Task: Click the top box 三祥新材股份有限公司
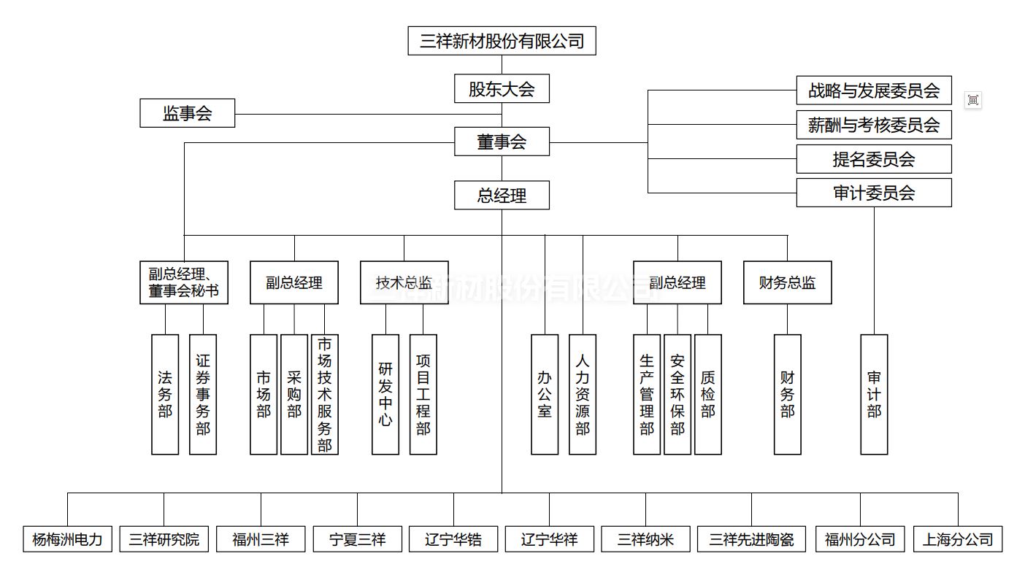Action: (502, 41)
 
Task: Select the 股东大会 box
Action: (502, 89)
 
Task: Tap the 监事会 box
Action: (187, 113)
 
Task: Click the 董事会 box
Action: (502, 142)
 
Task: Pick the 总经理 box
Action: (502, 196)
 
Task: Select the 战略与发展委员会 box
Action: (873, 90)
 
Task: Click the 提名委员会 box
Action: (873, 159)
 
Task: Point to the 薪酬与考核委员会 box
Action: (873, 125)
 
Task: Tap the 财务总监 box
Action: (787, 282)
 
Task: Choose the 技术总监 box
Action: (404, 282)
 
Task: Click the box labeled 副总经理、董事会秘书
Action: (184, 282)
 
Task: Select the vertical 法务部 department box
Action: (165, 394)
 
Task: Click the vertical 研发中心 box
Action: (385, 394)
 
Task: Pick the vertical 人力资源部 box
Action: (582, 394)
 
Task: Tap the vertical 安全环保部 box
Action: (677, 394)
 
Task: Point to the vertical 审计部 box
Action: (874, 394)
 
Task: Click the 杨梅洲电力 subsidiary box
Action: (67, 539)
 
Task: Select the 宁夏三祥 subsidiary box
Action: (357, 539)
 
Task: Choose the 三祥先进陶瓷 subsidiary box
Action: (751, 539)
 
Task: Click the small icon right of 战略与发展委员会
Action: (972, 100)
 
